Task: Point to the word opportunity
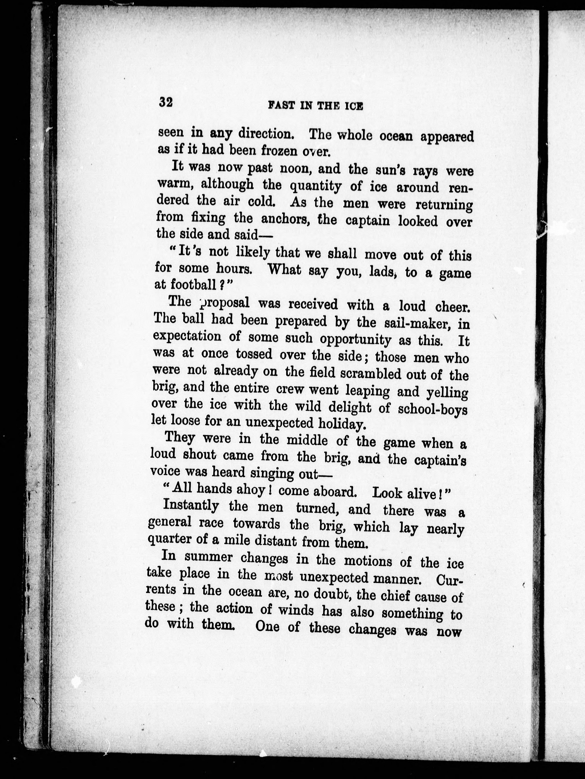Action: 355,340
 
